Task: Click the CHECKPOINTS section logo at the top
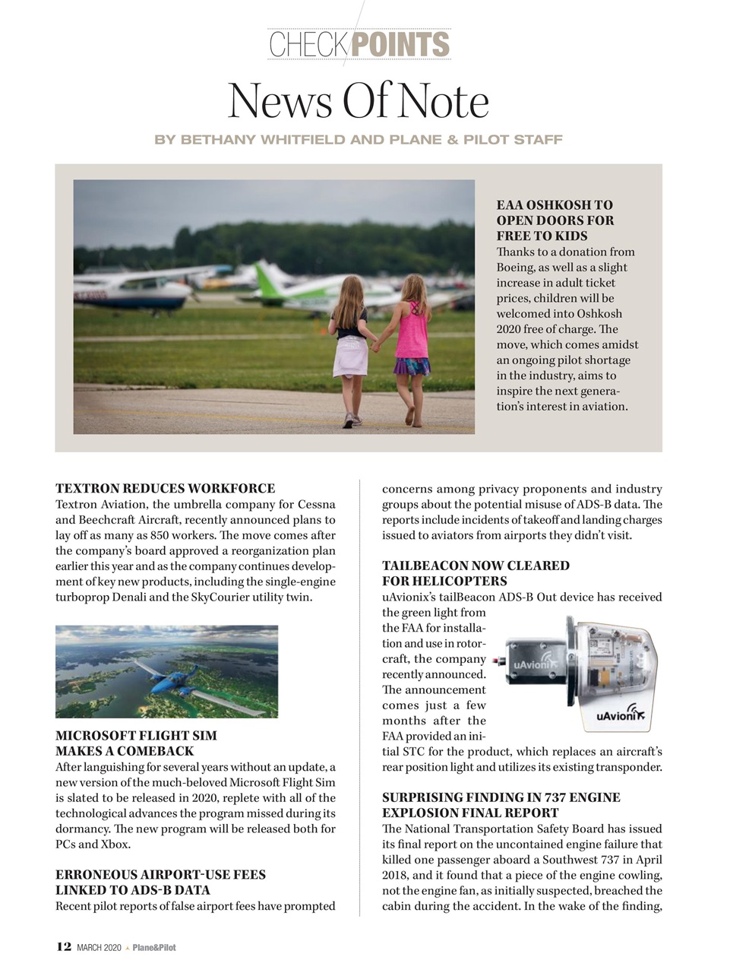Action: pyautogui.click(x=359, y=44)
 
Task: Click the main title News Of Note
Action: pyautogui.click(x=358, y=101)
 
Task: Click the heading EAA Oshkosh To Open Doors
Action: pyautogui.click(x=555, y=220)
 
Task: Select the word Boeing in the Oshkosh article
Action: pyautogui.click(x=516, y=268)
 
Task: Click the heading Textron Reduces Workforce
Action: pyautogui.click(x=165, y=489)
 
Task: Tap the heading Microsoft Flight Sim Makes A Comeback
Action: pyautogui.click(x=136, y=743)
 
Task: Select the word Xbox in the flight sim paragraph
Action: pyautogui.click(x=113, y=845)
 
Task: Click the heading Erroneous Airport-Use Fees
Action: pyautogui.click(x=160, y=883)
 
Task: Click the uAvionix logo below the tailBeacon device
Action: pyautogui.click(x=620, y=715)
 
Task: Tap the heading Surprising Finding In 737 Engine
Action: pyautogui.click(x=501, y=805)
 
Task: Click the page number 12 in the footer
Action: pyautogui.click(x=64, y=946)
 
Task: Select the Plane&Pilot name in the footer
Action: pyautogui.click(x=154, y=947)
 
